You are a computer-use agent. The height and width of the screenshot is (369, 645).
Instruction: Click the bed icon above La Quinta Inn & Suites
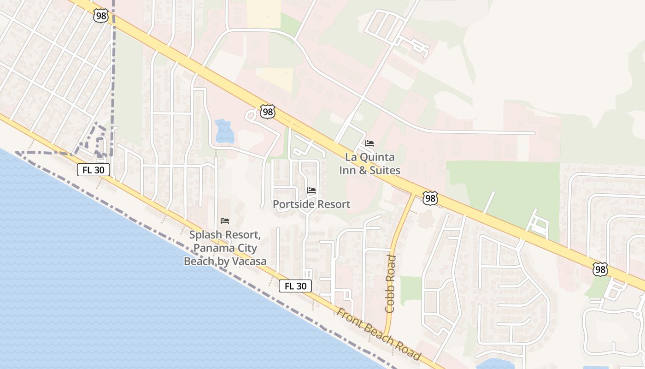(x=369, y=143)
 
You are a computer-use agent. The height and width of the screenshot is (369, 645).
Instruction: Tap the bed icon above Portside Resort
(x=311, y=190)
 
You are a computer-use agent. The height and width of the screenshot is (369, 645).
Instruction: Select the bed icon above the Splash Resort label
(x=225, y=221)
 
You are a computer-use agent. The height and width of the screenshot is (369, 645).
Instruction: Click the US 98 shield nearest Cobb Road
(x=430, y=198)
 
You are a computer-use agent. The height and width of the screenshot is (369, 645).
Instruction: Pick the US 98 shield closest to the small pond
(x=267, y=111)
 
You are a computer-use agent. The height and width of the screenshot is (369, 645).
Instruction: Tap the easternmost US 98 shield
(x=600, y=269)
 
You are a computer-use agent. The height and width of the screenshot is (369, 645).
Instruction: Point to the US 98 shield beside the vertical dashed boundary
(x=100, y=16)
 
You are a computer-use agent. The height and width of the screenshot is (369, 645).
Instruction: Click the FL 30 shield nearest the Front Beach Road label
(x=295, y=286)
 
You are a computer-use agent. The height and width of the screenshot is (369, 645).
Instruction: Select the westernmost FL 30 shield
(x=93, y=170)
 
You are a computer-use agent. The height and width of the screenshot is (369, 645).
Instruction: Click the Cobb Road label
(x=390, y=284)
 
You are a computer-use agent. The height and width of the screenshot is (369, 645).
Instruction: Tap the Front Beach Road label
(x=379, y=334)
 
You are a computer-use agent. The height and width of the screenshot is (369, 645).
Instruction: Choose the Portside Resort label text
(x=311, y=204)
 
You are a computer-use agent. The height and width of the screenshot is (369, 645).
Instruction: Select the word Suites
(x=384, y=170)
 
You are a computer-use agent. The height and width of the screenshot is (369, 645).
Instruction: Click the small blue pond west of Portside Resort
(x=224, y=131)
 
